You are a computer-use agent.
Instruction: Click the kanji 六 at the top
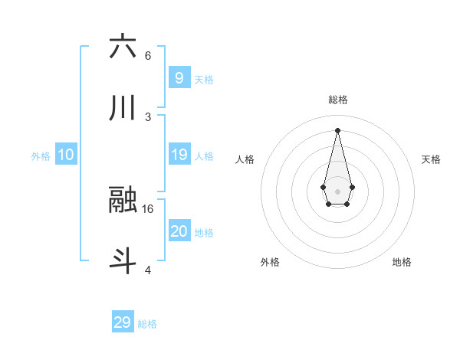pos(123,47)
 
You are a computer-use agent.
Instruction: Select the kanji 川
pos(123,109)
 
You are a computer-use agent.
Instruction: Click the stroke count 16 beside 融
pos(149,208)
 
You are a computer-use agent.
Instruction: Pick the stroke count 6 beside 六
pos(148,55)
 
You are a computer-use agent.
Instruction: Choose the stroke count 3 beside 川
pos(148,116)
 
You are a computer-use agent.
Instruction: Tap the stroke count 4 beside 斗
pos(148,270)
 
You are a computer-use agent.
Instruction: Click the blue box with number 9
pos(179,77)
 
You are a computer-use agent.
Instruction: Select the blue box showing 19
pos(179,155)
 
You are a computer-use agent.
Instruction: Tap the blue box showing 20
pos(179,231)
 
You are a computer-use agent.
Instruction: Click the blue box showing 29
pos(123,322)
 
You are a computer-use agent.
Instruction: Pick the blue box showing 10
pos(66,155)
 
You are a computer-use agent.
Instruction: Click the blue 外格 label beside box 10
pos(41,155)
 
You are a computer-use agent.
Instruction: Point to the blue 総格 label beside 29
pos(147,323)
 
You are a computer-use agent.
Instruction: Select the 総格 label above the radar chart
pos(337,100)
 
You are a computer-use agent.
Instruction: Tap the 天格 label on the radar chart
pos(431,159)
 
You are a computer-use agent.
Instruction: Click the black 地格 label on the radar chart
pos(402,262)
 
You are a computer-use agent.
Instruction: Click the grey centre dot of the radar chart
pos(337,190)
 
